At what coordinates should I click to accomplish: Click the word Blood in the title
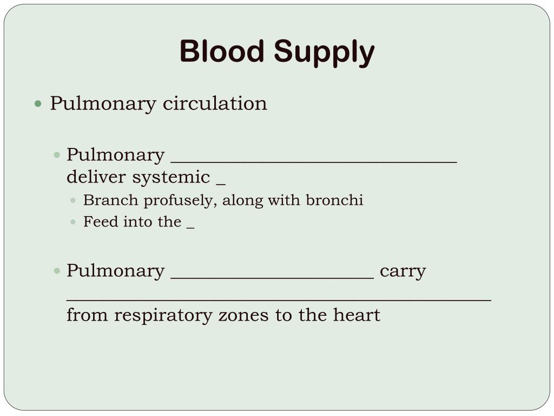point(223,52)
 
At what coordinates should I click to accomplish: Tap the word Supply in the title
point(324,53)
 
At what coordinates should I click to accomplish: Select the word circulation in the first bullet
point(215,103)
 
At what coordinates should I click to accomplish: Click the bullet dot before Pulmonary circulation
point(38,103)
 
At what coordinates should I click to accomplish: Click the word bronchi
point(334,200)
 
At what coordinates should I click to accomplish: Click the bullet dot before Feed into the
point(74,222)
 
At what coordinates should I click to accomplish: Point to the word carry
point(403,271)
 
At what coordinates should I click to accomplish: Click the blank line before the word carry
point(272,277)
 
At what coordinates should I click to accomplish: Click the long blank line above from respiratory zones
point(279,299)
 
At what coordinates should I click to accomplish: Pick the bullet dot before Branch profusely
point(74,200)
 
